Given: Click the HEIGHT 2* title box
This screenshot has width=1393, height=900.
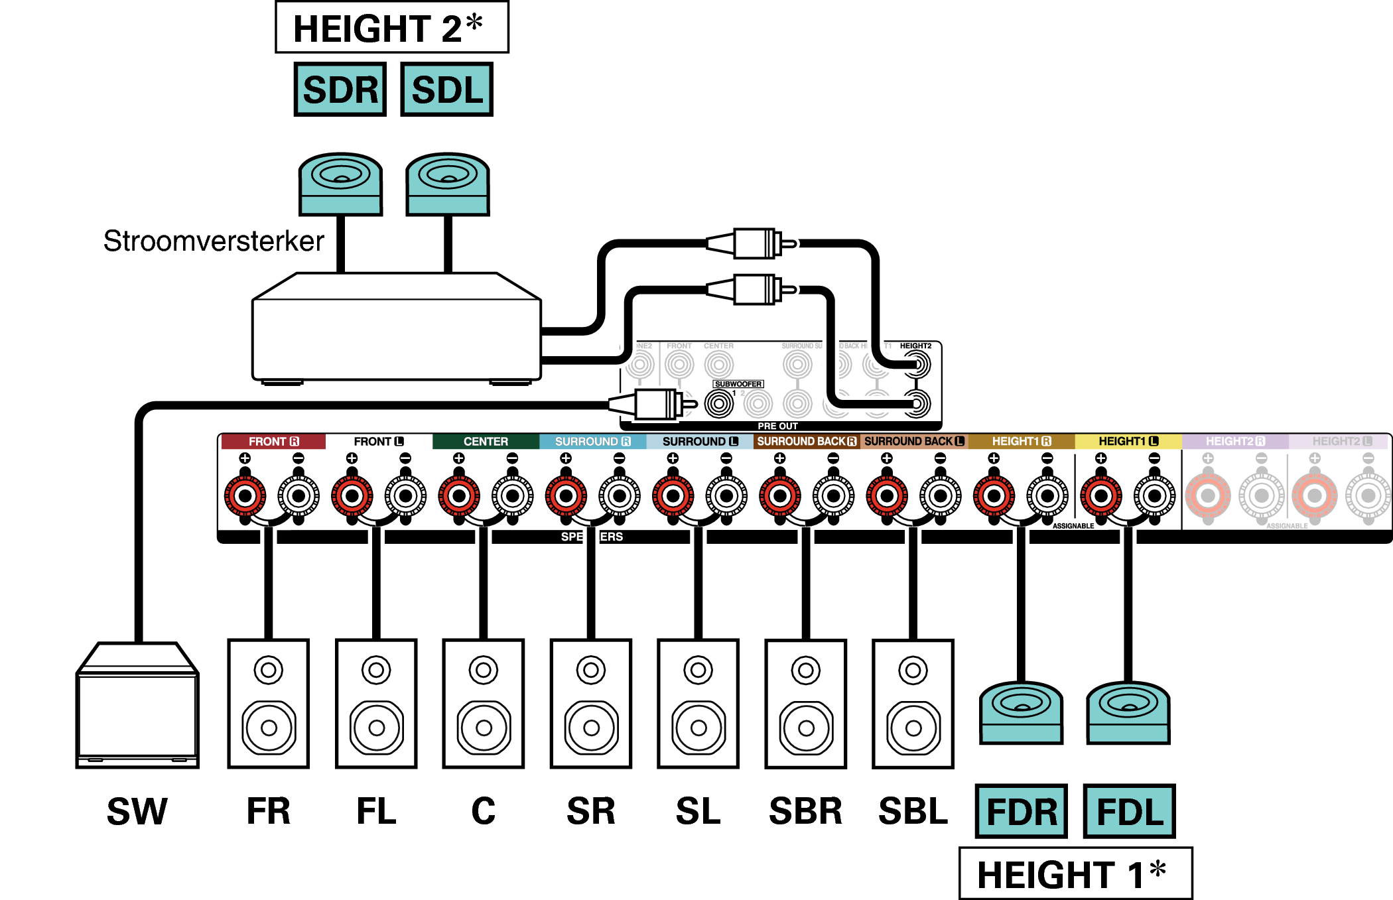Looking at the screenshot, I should (x=391, y=28).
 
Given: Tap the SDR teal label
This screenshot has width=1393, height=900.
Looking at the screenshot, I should (x=340, y=90).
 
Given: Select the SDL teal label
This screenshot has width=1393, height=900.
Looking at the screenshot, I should (x=447, y=90).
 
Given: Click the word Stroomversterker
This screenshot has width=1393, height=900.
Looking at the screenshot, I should (x=214, y=241).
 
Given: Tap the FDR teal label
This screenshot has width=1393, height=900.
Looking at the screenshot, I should (x=1022, y=811).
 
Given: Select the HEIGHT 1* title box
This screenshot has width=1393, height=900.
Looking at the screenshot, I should (x=1075, y=873).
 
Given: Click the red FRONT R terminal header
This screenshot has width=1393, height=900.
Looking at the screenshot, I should (x=273, y=442).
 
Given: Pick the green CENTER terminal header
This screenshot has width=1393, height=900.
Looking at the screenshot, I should (x=486, y=442).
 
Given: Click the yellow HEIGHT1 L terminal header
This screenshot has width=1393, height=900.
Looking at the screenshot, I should (x=1128, y=442).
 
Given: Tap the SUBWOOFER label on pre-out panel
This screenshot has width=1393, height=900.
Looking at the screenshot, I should (x=738, y=384).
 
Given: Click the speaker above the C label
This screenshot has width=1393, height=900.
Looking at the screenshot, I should (x=484, y=704).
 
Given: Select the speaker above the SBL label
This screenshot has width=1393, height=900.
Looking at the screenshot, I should (x=913, y=704).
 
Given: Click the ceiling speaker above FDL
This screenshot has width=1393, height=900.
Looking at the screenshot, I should (x=1128, y=713).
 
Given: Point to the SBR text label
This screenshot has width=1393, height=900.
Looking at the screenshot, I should (x=805, y=811).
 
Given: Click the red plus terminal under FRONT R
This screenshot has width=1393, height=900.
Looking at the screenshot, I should (x=245, y=495).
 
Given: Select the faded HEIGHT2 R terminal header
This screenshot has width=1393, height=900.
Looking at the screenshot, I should (x=1234, y=442).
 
